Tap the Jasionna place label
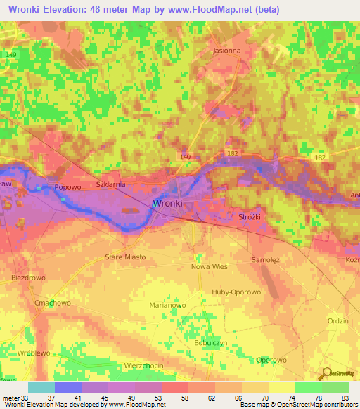coord(226,51)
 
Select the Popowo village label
coord(68,188)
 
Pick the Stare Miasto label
coord(125,257)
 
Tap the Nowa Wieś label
coord(208,267)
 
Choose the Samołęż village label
coord(266,260)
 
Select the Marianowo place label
coord(167,306)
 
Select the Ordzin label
coord(337,320)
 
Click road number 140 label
coord(186,156)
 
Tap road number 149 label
coord(10,54)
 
